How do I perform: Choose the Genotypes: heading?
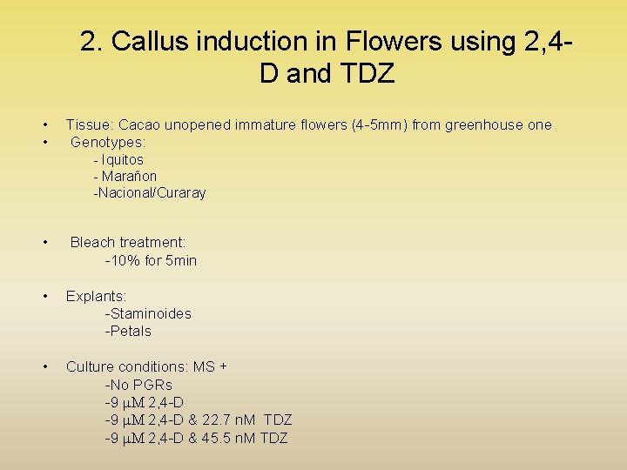pos(108,141)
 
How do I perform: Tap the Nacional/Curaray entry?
pos(150,192)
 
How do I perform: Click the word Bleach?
pos(93,242)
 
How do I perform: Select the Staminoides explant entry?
pos(148,313)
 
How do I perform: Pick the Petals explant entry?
pos(128,331)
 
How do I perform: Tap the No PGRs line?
pos(138,385)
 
